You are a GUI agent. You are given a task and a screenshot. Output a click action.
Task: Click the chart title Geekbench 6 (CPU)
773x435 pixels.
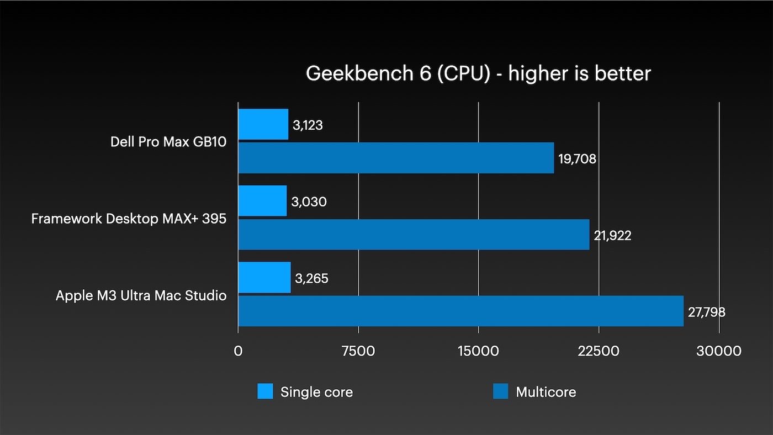[478, 73]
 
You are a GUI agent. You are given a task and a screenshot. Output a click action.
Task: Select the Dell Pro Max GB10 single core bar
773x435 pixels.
[263, 124]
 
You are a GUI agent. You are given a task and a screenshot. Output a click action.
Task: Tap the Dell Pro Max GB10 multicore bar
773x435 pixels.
[396, 158]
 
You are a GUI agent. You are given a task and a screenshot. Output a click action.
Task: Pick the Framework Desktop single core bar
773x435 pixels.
[262, 201]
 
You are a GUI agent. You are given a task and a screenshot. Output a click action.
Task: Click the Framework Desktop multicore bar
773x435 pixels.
[414, 235]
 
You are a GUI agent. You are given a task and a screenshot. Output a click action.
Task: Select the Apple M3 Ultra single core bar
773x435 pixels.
[264, 278]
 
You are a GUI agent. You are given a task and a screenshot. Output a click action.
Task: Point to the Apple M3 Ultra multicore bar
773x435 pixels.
[460, 311]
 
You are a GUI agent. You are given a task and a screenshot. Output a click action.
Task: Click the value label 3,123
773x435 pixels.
[308, 125]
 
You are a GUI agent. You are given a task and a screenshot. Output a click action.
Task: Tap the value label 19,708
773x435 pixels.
[577, 160]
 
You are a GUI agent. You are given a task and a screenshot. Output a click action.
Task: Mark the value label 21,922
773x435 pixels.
[612, 236]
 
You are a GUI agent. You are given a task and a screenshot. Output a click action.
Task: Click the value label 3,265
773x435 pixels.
[311, 279]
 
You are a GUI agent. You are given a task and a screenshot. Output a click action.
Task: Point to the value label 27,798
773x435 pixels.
[706, 312]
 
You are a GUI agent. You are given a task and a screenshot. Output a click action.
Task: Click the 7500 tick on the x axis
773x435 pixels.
[358, 351]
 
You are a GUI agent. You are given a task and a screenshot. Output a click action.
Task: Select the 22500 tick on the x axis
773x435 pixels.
[599, 351]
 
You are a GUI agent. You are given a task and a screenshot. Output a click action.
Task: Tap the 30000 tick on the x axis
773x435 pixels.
[718, 351]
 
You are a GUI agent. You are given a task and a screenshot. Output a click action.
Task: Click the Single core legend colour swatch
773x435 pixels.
[265, 392]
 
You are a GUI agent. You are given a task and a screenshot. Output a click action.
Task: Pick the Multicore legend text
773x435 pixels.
[546, 392]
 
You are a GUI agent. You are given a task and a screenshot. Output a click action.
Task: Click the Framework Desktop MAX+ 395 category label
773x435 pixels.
[129, 219]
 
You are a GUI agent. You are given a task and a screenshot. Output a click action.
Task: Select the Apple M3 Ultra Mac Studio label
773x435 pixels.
[141, 295]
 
